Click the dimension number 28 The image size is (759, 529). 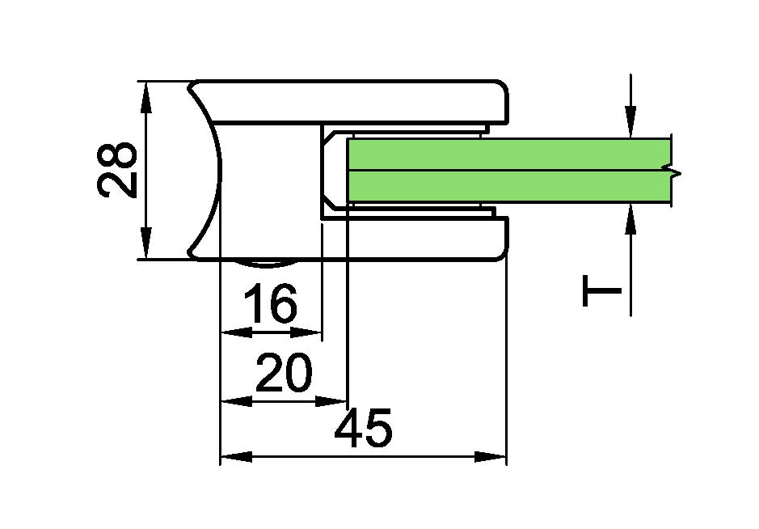pos(117,170)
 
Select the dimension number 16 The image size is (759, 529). pos(270,303)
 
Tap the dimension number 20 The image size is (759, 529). pos(284,372)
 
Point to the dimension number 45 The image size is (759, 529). pos(363,428)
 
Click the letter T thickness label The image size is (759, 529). pos(601,290)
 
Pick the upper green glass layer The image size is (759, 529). pos(508,154)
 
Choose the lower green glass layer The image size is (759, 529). pos(508,186)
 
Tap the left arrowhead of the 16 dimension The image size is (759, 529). pos(237,332)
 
